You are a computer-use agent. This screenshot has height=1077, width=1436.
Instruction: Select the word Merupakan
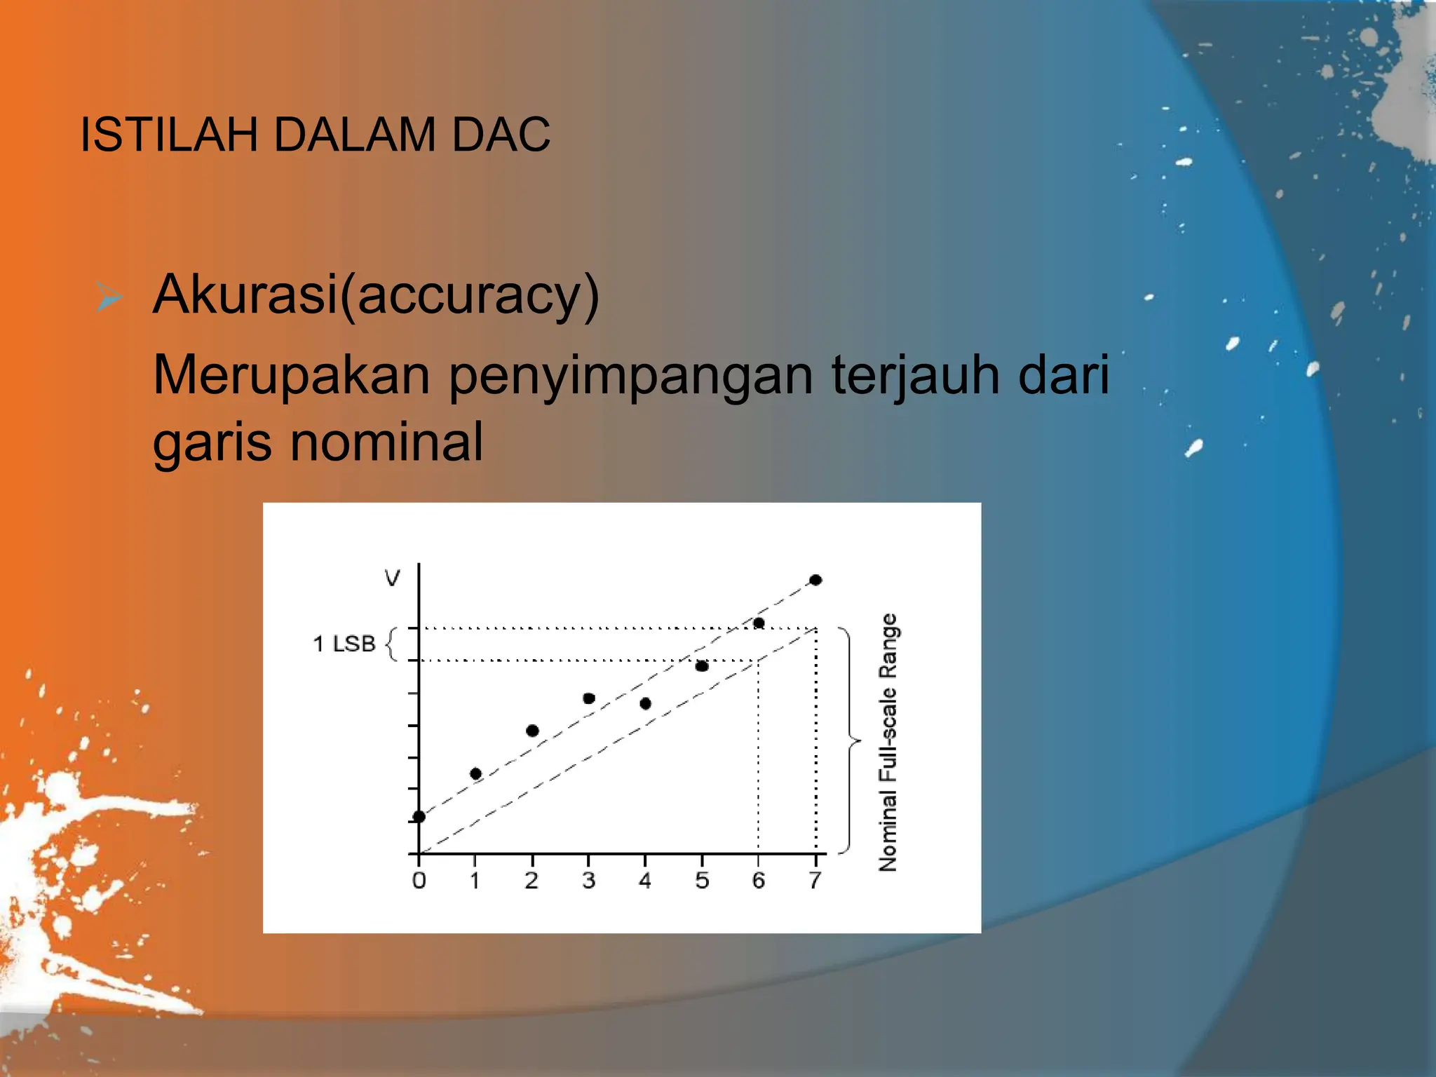pyautogui.click(x=291, y=374)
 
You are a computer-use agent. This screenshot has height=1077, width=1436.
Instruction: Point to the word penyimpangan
pyautogui.click(x=630, y=377)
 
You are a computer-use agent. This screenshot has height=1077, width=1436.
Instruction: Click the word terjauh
pyautogui.click(x=914, y=376)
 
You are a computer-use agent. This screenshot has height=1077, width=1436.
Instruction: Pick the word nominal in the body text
pyautogui.click(x=386, y=442)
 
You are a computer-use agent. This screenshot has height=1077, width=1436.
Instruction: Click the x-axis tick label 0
pyautogui.click(x=419, y=881)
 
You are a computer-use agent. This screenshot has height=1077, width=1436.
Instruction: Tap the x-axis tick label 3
pyautogui.click(x=588, y=881)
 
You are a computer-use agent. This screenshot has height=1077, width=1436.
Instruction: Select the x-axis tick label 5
pyautogui.click(x=702, y=881)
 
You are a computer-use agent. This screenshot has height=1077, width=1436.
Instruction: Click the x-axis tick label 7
pyautogui.click(x=815, y=881)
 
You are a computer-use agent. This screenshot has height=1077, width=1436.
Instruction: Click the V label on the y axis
pyautogui.click(x=392, y=578)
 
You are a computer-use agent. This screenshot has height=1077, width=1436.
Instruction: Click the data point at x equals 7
pyautogui.click(x=815, y=580)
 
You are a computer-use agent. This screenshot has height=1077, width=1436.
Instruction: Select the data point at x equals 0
pyautogui.click(x=419, y=816)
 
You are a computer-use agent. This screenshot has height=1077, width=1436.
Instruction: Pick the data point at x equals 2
pyautogui.click(x=532, y=731)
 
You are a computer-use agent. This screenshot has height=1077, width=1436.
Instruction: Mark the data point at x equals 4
pyautogui.click(x=646, y=703)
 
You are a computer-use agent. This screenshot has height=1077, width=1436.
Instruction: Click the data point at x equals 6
pyautogui.click(x=759, y=623)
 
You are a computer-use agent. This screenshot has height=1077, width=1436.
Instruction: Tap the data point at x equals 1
pyautogui.click(x=475, y=773)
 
